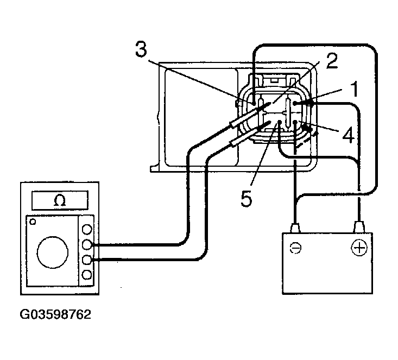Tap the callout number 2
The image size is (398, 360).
[332, 60]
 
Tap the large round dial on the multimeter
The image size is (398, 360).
[53, 251]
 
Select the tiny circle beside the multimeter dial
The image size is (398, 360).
[34, 222]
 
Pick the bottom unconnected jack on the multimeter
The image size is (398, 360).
[86, 274]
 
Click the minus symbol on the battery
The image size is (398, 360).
[298, 248]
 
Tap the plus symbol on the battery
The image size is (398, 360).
[358, 248]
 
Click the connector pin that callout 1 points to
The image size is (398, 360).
[296, 103]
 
